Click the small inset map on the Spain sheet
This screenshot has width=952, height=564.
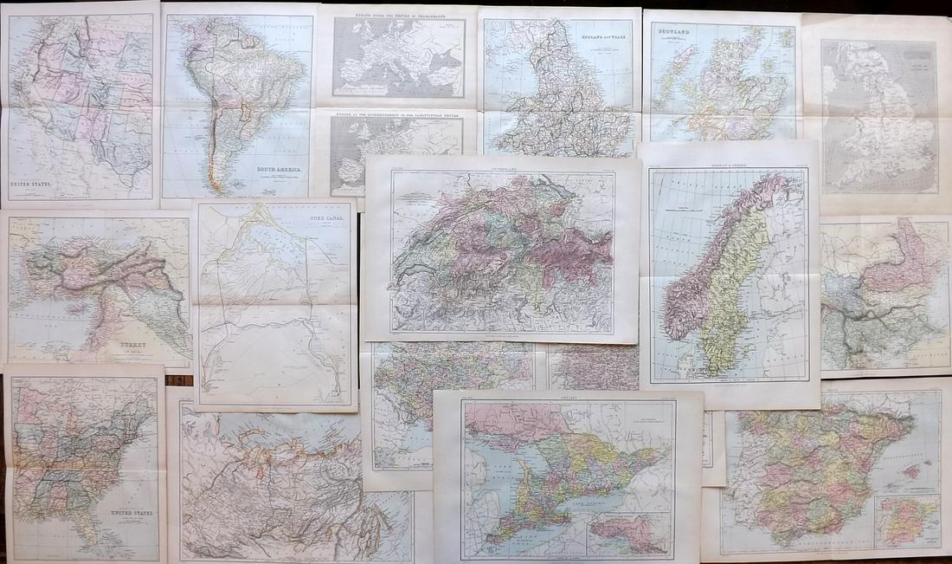point(905,522)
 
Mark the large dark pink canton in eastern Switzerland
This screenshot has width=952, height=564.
point(580,251)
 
